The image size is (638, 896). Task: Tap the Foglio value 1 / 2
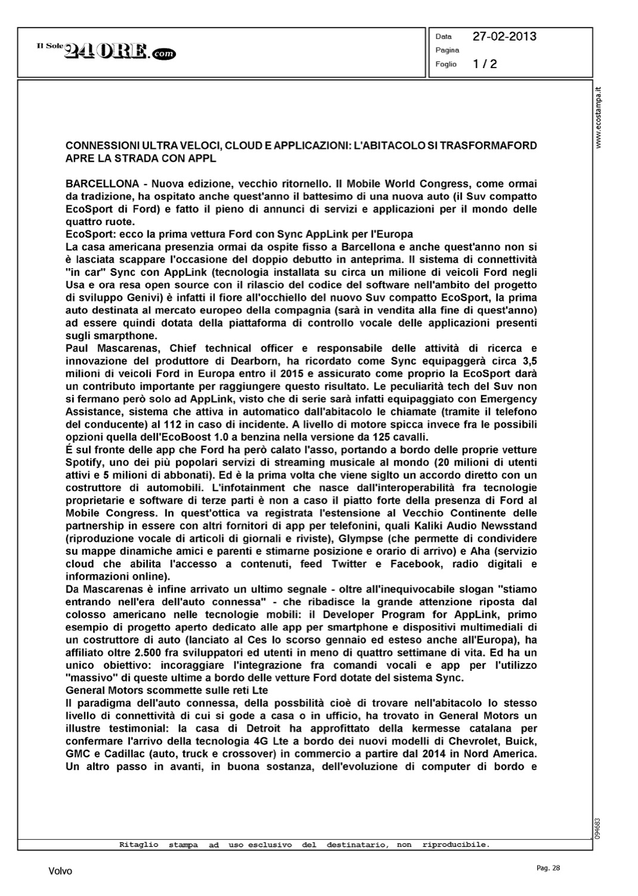click(485, 64)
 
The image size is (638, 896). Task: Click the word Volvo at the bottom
click(60, 872)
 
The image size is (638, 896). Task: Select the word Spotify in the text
click(84, 462)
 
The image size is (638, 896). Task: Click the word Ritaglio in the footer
click(139, 845)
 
